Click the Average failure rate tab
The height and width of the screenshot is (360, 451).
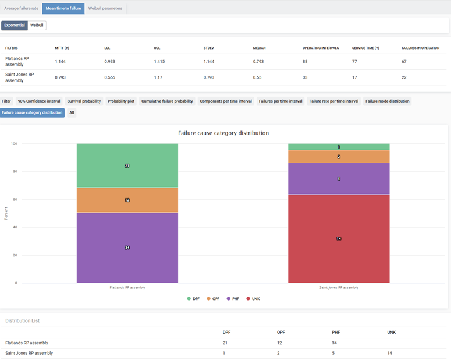(22, 8)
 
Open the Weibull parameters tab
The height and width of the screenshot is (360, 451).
(105, 8)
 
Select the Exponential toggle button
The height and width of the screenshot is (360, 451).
(15, 26)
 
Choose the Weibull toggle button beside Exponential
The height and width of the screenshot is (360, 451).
(37, 26)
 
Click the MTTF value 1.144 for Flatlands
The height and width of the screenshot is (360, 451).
(60, 61)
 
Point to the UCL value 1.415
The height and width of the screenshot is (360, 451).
(159, 61)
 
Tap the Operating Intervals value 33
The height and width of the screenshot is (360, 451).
(306, 77)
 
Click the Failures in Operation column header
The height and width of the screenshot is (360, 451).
(420, 48)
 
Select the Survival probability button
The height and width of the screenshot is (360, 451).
(84, 101)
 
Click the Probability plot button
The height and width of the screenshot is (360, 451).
(121, 101)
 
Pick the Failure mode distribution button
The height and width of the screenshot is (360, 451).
(388, 101)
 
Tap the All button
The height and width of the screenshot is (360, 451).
(72, 112)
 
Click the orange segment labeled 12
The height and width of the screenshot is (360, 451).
(127, 200)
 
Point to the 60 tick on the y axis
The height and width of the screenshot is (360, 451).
(15, 199)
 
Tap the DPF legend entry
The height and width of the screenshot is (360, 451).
(195, 298)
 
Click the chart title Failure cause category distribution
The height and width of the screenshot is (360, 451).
(223, 133)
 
